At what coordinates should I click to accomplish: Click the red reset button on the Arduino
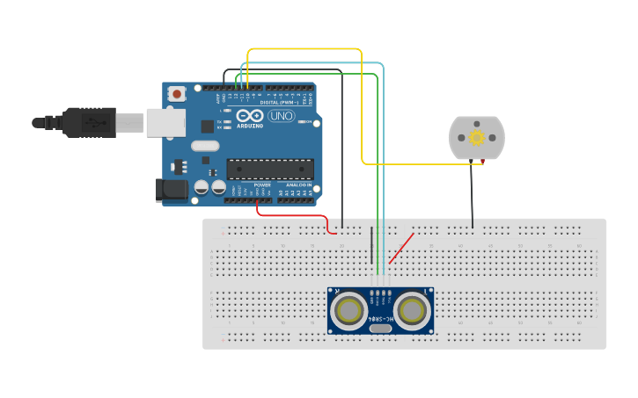[177, 93]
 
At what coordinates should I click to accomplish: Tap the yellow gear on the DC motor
[477, 138]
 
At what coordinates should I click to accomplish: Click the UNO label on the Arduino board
[281, 116]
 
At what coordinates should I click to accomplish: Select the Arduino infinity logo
[249, 116]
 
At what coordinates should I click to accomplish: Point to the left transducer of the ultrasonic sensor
[349, 310]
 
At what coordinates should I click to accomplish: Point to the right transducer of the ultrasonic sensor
[411, 310]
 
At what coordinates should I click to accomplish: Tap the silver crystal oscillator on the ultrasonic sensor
[380, 329]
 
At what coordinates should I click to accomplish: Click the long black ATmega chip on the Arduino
[270, 169]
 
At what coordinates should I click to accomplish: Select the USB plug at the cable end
[88, 122]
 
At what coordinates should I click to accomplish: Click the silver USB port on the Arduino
[165, 123]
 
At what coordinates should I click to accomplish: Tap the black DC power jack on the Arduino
[171, 189]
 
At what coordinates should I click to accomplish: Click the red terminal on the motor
[482, 162]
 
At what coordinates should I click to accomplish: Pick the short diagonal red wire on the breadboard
[401, 248]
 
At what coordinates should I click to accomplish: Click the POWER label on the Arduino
[262, 185]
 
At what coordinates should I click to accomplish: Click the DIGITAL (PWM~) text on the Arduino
[280, 103]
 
